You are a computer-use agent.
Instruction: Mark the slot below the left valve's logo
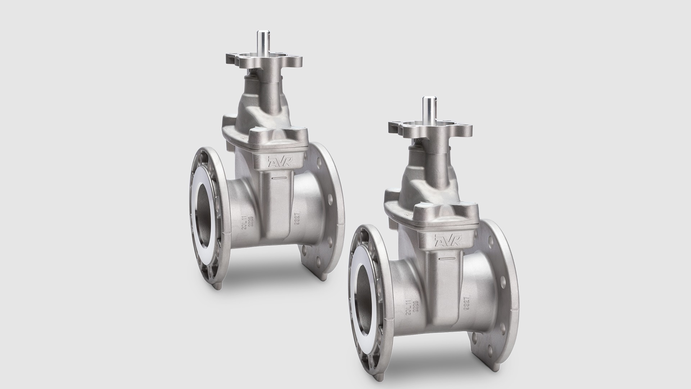(279, 178)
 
